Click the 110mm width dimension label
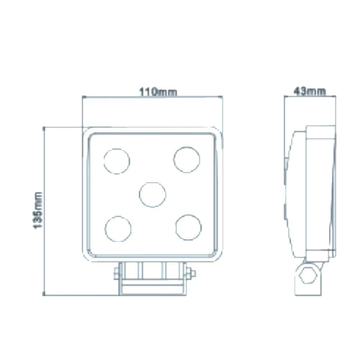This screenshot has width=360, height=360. [158, 92]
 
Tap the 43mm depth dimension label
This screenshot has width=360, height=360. [310, 91]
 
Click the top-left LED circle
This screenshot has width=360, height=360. [117, 161]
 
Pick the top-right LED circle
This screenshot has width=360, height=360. [186, 159]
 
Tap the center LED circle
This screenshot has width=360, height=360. [153, 194]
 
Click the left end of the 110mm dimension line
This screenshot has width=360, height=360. [83, 96]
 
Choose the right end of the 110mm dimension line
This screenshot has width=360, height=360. [221, 96]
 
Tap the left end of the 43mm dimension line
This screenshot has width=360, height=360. [284, 96]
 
